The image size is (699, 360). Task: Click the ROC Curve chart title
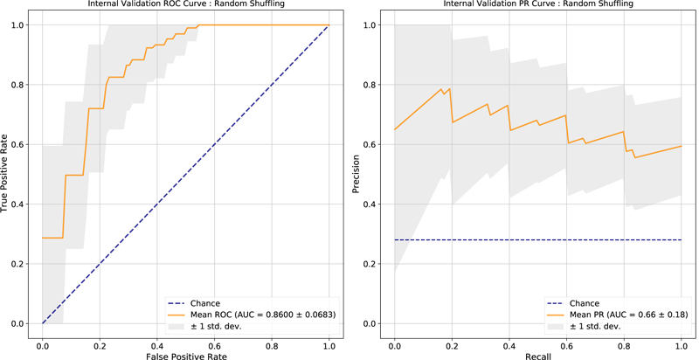tap(185, 4)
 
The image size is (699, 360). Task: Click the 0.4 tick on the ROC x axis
tap(157, 338)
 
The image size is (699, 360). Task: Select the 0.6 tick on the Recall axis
tap(567, 338)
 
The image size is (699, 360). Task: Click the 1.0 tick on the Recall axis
tap(682, 338)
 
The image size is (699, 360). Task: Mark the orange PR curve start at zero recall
tap(395, 130)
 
